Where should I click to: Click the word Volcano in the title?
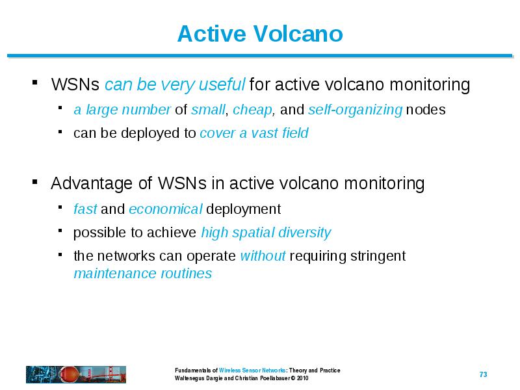298,34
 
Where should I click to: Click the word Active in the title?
213,34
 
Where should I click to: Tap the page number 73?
483,374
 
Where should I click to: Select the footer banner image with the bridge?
76,374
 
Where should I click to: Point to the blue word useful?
222,84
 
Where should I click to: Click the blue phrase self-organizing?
355,110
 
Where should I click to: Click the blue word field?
295,133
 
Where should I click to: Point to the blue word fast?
85,209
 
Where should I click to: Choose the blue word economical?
166,209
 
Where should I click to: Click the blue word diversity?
305,233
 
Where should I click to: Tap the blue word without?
263,256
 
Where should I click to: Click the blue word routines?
186,274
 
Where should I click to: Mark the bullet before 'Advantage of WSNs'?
35,182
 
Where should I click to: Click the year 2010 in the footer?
302,378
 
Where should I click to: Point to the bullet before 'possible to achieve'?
60,231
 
